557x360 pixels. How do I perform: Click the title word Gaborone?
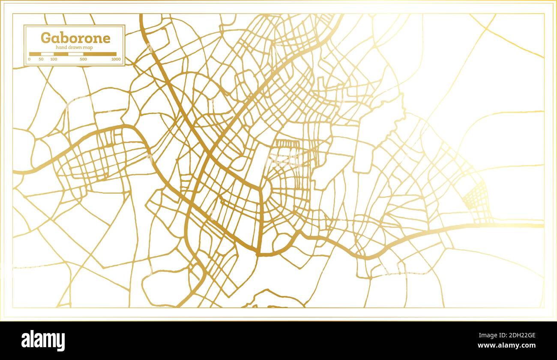pos(75,38)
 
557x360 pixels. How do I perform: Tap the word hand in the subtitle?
pos(63,48)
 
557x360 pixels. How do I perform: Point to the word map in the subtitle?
pos(89,48)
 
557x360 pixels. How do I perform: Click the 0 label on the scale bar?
pos(29,59)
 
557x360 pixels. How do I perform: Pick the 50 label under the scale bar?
pos(41,59)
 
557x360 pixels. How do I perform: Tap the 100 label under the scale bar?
pos(54,59)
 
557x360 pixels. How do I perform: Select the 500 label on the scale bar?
pos(83,59)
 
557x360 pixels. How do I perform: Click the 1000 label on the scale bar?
pos(116,59)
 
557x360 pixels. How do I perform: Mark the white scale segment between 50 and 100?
pos(47,54)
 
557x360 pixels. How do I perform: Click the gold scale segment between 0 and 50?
pos(35,54)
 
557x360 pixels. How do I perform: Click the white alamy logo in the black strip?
pos(43,341)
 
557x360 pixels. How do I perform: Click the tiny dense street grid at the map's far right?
pos(476,199)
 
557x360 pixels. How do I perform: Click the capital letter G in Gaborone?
pos(45,38)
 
